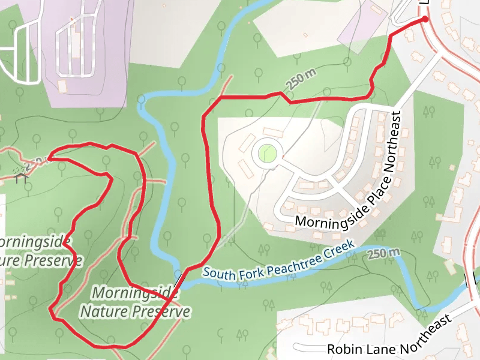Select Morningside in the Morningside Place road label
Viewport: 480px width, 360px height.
click(x=329, y=214)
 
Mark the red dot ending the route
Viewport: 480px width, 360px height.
click(x=425, y=20)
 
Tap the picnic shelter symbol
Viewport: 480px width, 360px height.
click(x=23, y=173)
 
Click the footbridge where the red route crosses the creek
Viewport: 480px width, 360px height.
click(x=179, y=278)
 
